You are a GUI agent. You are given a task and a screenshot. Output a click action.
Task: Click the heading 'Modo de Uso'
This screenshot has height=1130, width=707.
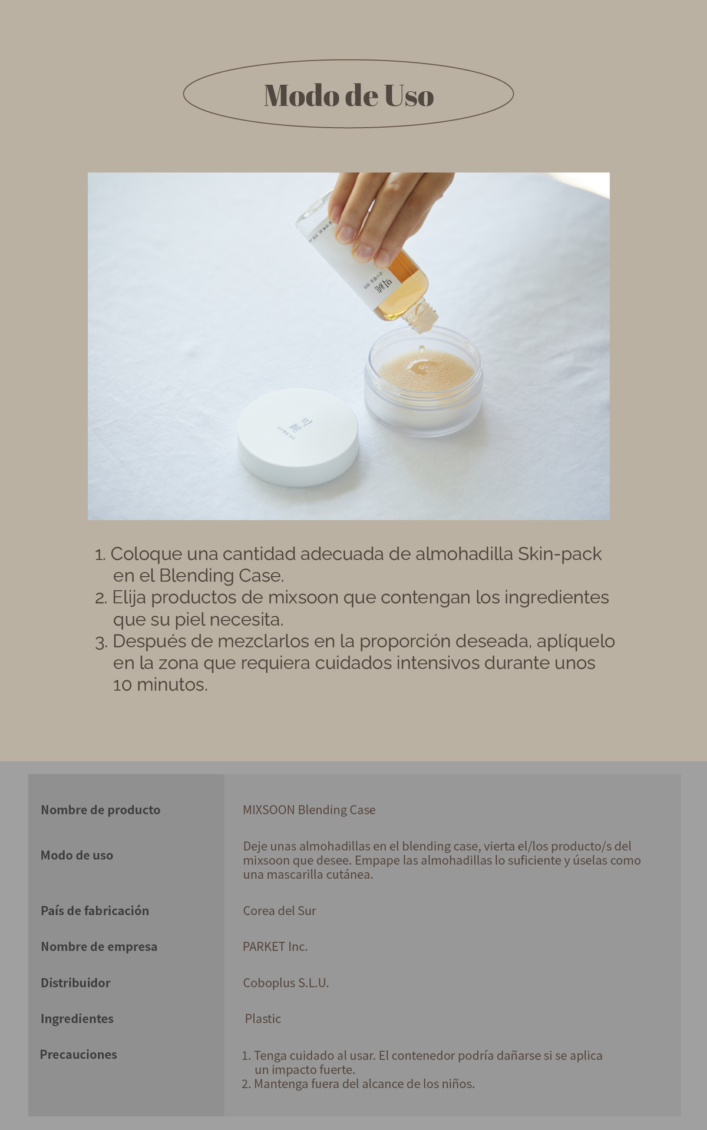pos(349,95)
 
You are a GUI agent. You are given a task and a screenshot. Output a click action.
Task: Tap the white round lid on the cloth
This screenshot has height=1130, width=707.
pos(298,436)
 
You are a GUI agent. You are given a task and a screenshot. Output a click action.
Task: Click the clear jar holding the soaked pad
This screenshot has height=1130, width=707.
pos(423,381)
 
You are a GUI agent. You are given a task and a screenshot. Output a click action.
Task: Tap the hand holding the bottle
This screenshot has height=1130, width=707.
pos(386,212)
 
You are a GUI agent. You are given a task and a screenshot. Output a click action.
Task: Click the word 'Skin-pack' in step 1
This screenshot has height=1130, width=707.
pos(560,554)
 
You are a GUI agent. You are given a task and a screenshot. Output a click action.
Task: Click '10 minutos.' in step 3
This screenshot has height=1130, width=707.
pos(160,685)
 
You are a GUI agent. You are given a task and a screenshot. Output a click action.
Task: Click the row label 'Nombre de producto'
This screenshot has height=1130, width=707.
pos(101,810)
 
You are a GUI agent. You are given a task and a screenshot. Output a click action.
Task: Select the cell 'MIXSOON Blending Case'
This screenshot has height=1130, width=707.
pos(309,810)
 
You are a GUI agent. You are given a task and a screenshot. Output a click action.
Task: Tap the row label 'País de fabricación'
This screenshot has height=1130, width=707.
pos(95,910)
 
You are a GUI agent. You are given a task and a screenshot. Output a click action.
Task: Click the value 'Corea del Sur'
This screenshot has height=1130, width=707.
pos(279,910)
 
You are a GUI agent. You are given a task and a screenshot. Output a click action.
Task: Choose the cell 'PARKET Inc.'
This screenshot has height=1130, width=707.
pos(275,946)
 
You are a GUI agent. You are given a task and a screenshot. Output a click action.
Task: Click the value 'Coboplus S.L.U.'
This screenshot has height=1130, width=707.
pos(286,982)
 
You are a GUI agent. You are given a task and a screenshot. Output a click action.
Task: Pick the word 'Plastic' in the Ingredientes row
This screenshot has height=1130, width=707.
pos(263,1018)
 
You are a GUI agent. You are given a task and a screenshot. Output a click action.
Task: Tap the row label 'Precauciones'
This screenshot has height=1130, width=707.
pos(78,1054)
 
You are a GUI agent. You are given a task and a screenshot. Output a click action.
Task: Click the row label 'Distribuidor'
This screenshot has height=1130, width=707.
pos(75,982)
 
